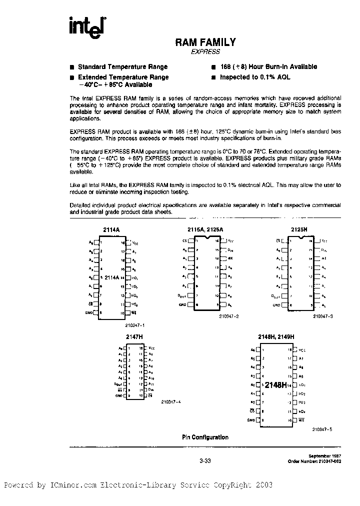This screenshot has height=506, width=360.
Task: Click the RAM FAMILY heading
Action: pos(205,43)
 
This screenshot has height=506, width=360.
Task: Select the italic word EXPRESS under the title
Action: pos(205,51)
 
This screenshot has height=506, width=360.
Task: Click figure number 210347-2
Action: pos(229,316)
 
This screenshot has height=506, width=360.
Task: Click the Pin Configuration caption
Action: pos(205,437)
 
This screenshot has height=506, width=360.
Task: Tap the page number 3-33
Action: pos(205,461)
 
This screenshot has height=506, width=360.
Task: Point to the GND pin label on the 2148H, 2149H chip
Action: pos(251,420)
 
